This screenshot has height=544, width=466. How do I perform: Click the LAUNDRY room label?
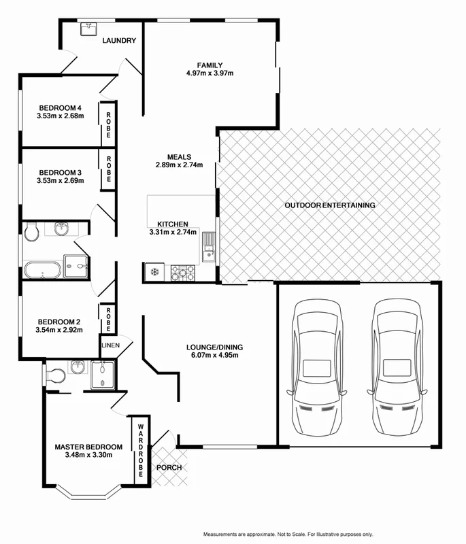coord(119,41)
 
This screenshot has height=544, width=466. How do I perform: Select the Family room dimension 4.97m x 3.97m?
coord(210,73)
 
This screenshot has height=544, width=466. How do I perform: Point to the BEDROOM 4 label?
coord(60,107)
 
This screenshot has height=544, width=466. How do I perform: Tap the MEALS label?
coord(180,156)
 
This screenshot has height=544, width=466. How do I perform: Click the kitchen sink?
coord(207,248)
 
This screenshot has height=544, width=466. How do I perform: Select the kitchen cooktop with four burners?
coord(183,273)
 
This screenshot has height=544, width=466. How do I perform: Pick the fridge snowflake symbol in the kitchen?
coord(154,273)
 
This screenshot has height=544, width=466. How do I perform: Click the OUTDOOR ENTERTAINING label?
coord(330,205)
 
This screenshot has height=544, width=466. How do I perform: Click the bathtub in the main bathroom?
coord(43,270)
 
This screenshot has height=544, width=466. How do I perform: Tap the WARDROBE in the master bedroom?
coord(140,449)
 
